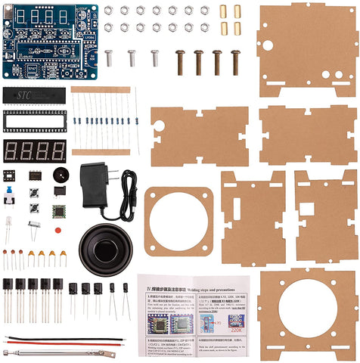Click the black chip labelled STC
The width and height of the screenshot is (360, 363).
34,95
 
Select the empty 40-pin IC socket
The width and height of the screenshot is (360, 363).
34,120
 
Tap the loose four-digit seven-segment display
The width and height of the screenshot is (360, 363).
34,150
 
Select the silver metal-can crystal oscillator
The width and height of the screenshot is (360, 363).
34,226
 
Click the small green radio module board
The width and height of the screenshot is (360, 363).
60,211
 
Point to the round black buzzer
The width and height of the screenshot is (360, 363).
60,175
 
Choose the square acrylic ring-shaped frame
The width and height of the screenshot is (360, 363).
178,222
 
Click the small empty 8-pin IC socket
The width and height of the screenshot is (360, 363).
10,175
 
